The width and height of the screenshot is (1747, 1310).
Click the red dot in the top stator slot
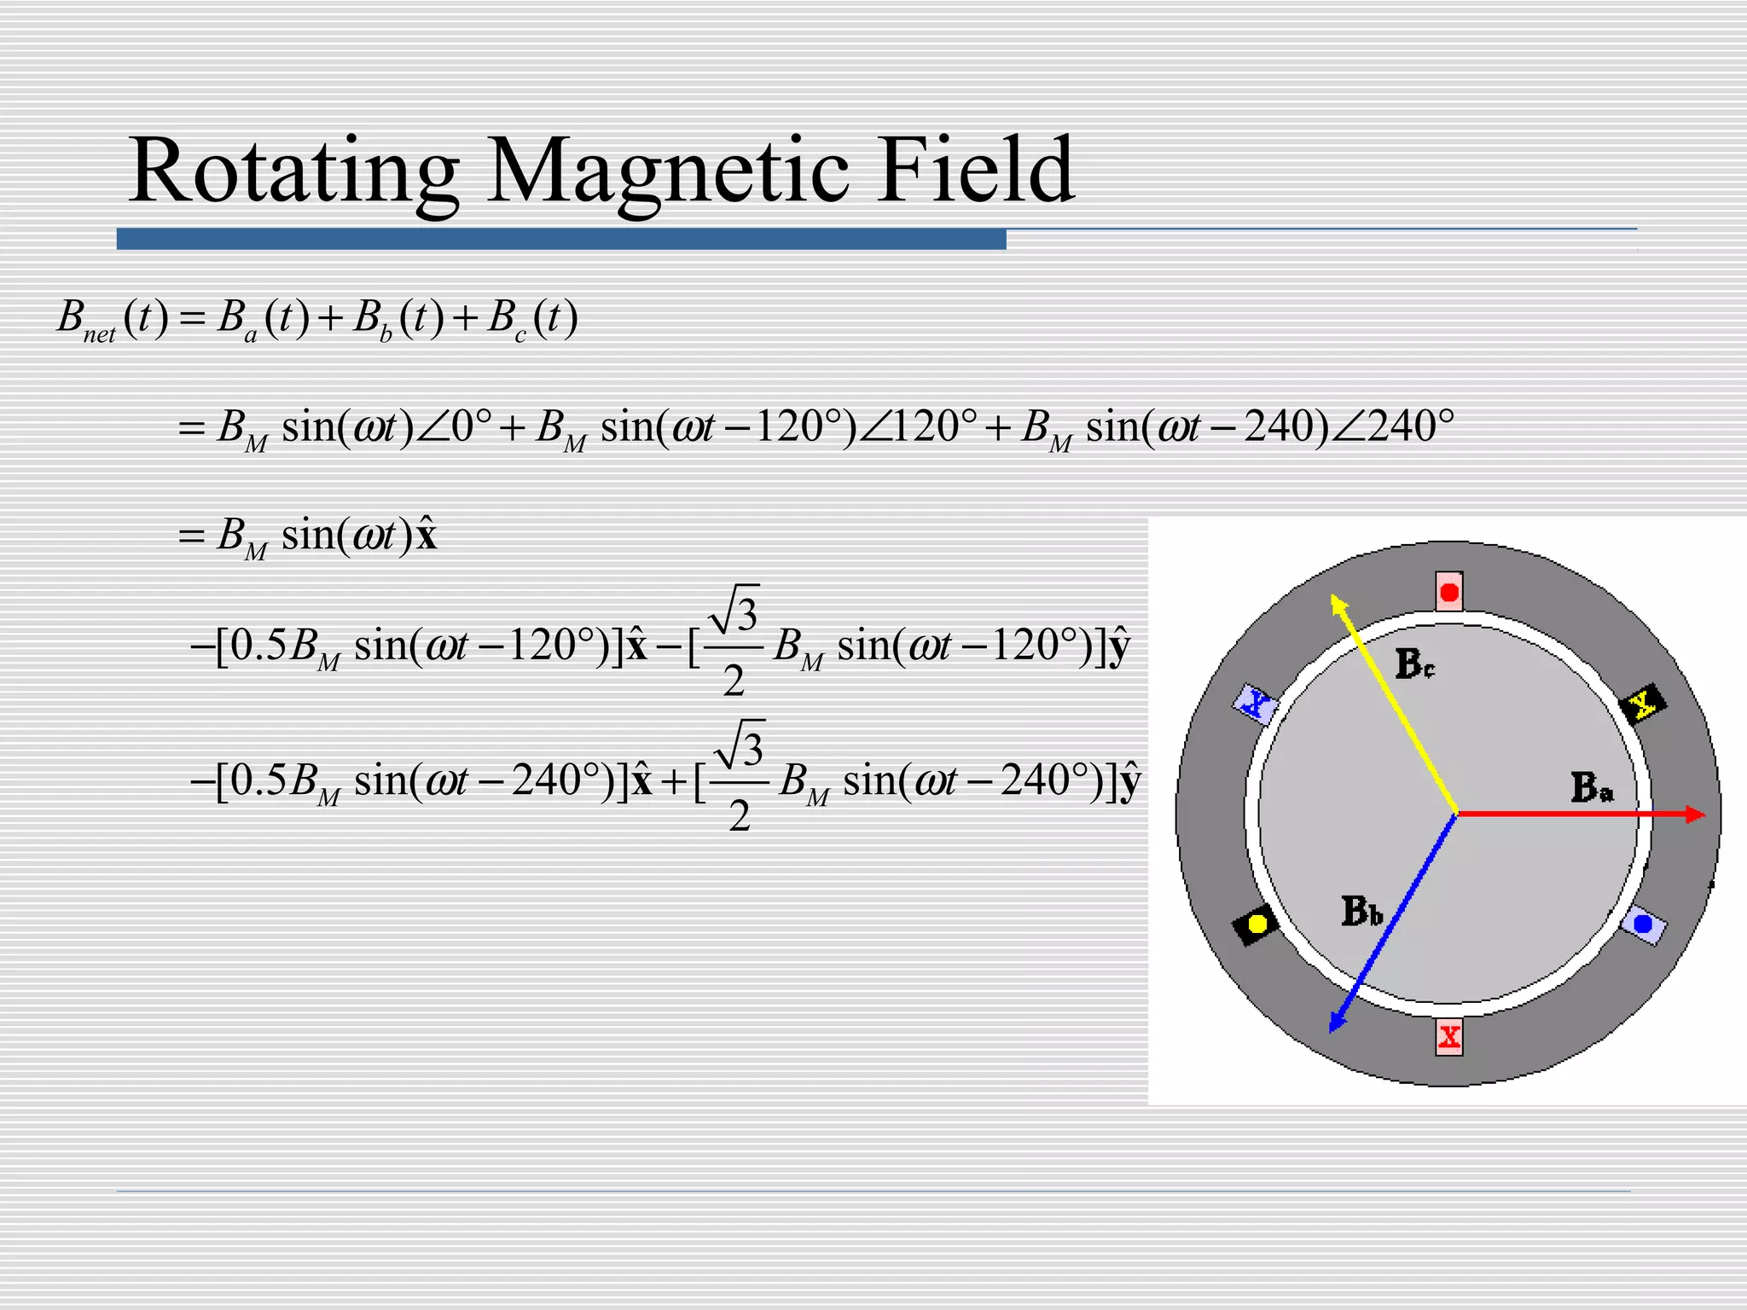tap(1448, 592)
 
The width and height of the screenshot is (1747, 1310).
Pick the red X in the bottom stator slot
tap(1448, 1037)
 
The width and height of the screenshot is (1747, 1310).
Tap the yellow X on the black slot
tap(1642, 703)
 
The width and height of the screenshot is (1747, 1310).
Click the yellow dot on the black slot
tap(1257, 924)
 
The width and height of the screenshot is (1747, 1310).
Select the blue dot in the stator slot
tap(1642, 925)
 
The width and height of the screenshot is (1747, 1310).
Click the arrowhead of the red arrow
tap(1696, 814)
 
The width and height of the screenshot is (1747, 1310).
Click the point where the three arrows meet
tap(1456, 814)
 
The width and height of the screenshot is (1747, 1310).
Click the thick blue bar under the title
tap(561, 239)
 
